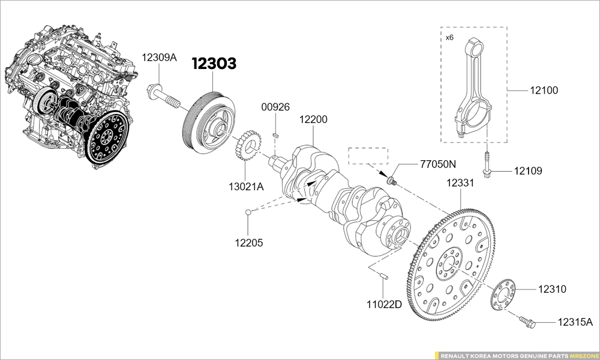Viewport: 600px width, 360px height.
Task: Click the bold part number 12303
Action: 214,64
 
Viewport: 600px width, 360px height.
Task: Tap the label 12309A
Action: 159,58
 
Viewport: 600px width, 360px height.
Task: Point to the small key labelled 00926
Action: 275,136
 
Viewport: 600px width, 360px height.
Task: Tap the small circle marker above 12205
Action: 247,211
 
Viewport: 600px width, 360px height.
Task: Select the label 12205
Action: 248,242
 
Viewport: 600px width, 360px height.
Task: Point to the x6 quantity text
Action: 449,37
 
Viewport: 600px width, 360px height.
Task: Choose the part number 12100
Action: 544,91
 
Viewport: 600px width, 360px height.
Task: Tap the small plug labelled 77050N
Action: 392,179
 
